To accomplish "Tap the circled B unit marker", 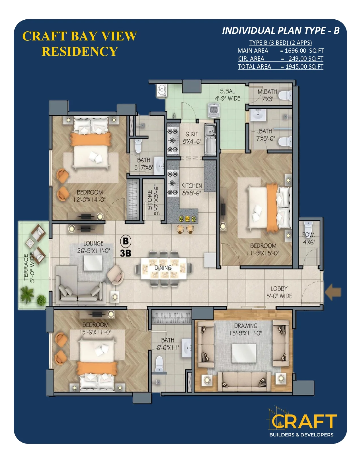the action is point(126,241).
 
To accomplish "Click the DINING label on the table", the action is point(163,268).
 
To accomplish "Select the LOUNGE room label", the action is point(93,243).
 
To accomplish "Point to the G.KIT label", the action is point(192,134).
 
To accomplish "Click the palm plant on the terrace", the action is point(27,294).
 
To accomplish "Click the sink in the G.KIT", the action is point(210,139).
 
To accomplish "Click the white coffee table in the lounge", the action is point(93,263).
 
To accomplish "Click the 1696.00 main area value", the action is point(295,51).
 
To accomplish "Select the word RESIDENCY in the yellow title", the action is point(80,52).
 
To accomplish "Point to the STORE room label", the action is point(150,200).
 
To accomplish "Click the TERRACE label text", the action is point(26,267).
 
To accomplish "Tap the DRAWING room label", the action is point(246,326).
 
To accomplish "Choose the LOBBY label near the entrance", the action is point(279,289).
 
